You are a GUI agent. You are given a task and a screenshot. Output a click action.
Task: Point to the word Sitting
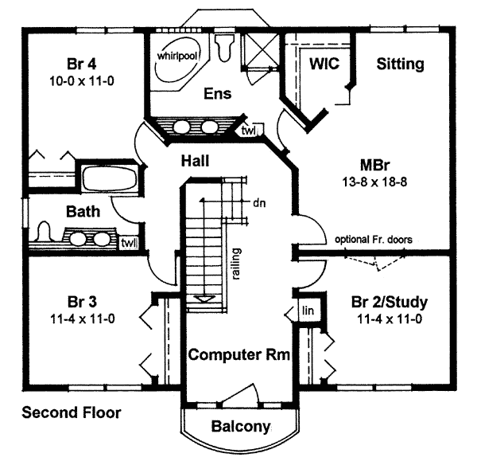400,63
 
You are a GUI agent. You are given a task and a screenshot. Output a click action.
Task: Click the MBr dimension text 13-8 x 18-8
372,182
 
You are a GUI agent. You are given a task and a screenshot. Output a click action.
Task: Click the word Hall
194,161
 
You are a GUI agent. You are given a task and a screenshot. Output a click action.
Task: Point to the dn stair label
258,202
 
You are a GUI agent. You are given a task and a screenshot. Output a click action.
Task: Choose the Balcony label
240,427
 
